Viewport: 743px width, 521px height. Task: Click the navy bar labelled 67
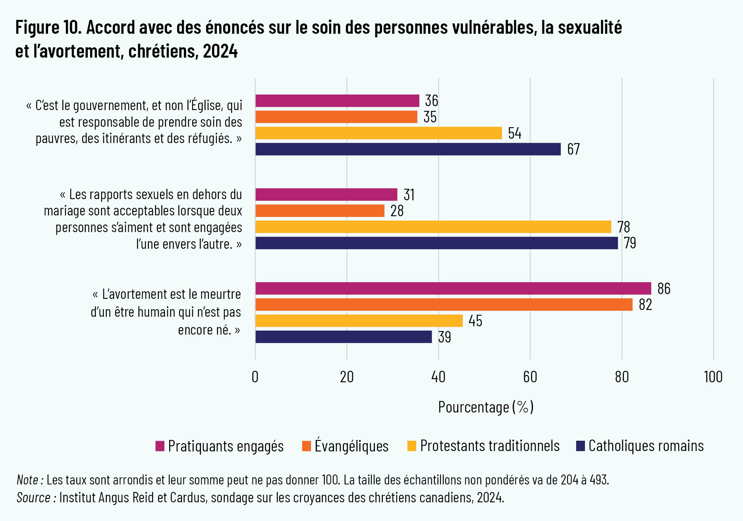408,149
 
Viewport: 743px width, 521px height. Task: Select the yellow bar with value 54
378,133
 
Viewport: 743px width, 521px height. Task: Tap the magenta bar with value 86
453,289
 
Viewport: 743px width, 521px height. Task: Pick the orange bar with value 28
320,211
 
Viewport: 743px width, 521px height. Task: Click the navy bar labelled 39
344,337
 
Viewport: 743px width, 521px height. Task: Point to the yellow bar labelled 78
433,227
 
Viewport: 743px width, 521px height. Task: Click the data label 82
645,305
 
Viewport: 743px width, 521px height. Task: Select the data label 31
409,195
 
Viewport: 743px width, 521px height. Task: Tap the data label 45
475,321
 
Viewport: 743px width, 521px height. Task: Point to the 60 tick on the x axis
530,377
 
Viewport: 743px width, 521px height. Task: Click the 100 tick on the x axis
713,377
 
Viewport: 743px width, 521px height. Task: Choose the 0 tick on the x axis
255,377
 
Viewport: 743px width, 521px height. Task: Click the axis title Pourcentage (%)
486,407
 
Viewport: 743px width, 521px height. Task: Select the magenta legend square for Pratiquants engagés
160,446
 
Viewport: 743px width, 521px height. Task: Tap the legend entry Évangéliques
351,446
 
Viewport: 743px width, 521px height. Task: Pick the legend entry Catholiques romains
646,446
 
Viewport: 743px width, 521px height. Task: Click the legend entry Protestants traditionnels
489,446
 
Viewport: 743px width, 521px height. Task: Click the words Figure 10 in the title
48,28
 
